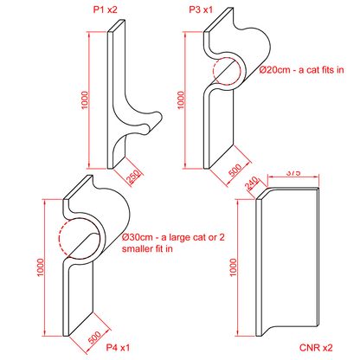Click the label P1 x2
tap(105, 10)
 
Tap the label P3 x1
tap(201, 10)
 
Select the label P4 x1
tap(118, 347)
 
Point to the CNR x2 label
tap(316, 348)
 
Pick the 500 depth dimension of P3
tap(235, 170)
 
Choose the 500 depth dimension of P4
tap(94, 337)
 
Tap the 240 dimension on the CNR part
tap(252, 183)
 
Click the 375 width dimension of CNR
tap(293, 173)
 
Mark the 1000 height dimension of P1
tap(85, 100)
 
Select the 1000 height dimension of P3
tap(181, 100)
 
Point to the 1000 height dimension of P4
tap(41, 267)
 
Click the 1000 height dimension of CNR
tap(233, 267)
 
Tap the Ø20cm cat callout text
tap(301, 70)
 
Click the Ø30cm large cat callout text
tap(173, 243)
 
